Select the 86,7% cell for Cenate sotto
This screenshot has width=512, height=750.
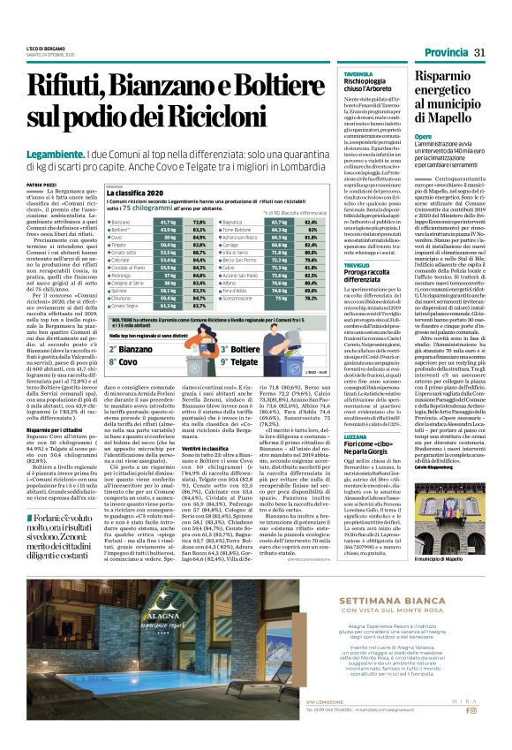200,254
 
